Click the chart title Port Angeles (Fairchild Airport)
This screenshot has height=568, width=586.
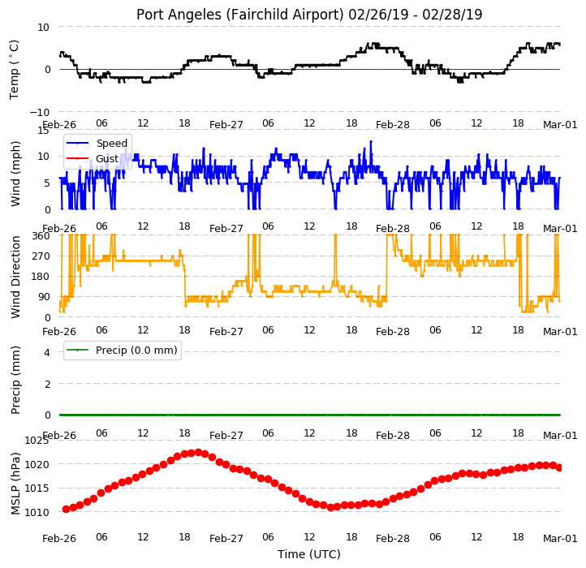point(239,15)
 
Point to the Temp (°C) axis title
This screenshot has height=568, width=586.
point(14,70)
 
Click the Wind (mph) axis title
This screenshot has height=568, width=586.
point(15,174)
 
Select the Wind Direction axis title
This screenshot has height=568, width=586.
point(15,277)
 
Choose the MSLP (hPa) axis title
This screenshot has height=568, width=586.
point(15,484)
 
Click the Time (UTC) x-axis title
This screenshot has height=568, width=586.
point(309,554)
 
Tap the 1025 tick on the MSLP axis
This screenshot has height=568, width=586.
point(37,441)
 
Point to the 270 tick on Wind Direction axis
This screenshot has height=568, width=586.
point(41,256)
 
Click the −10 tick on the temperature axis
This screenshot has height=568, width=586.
point(39,112)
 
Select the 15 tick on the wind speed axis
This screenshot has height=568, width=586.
point(43,131)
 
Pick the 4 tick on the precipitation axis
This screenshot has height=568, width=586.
point(47,352)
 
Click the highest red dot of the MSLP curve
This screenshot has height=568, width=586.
point(199,452)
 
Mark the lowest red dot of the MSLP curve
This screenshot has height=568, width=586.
point(330,507)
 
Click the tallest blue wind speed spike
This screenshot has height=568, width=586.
point(371,141)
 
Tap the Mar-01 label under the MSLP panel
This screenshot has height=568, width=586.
point(560,539)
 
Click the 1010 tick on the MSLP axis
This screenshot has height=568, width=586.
point(37,512)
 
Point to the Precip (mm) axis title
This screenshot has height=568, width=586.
point(15,380)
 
